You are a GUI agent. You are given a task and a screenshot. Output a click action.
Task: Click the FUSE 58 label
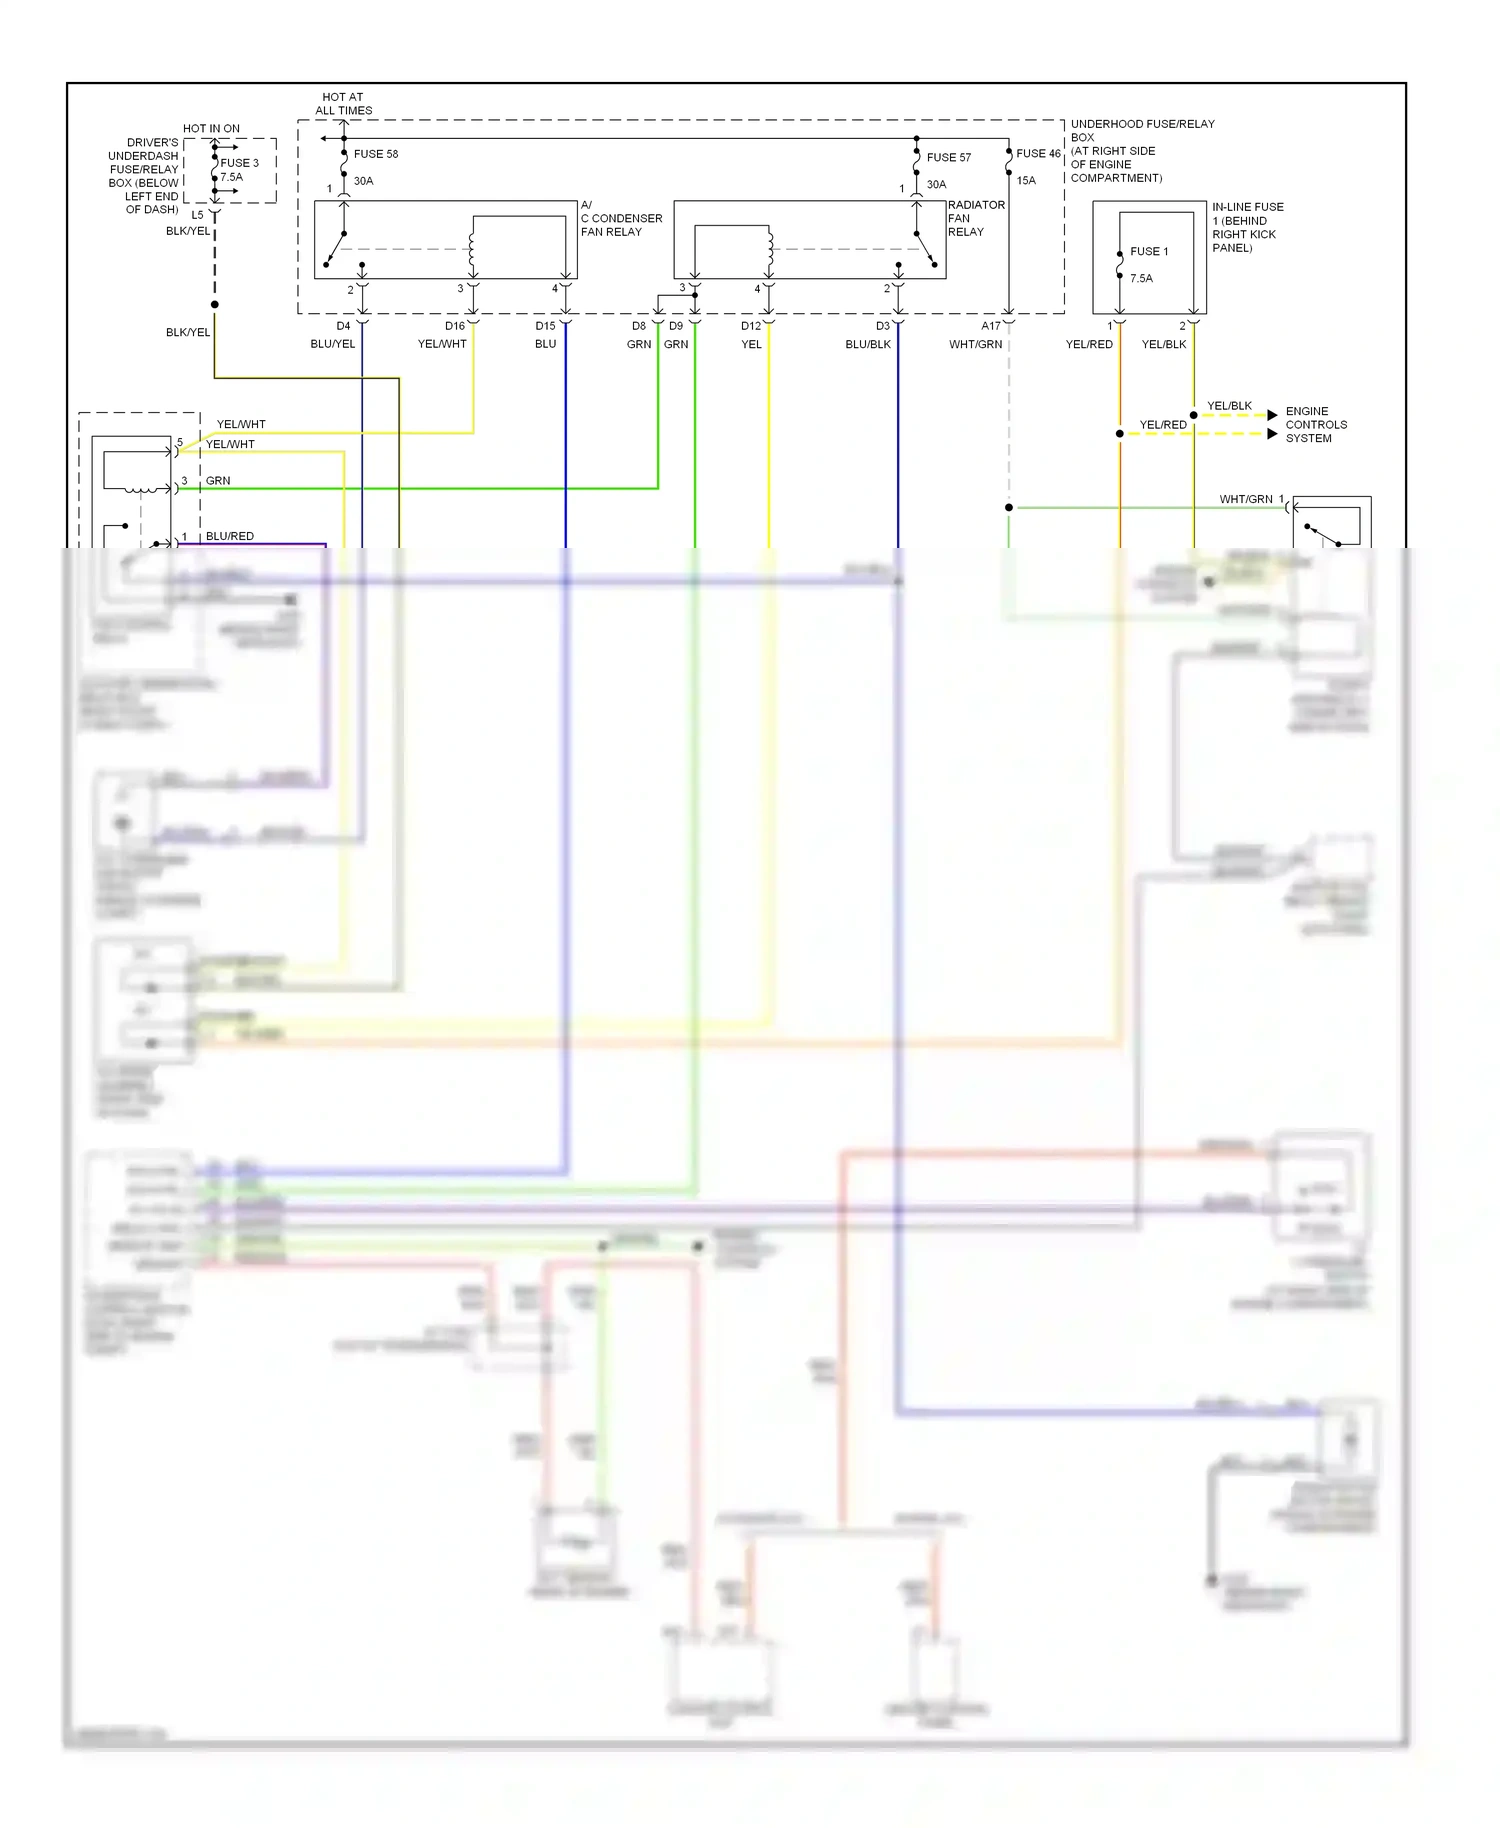click(375, 154)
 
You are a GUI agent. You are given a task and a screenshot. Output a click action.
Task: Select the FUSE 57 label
click(948, 157)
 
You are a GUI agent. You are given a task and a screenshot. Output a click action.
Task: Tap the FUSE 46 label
click(1037, 153)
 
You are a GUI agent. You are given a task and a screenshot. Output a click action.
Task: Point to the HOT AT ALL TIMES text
click(343, 104)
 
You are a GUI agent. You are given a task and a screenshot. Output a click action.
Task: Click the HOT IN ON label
click(211, 128)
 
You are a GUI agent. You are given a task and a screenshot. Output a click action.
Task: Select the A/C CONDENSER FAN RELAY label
click(620, 218)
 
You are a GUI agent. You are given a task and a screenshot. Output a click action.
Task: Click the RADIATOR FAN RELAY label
click(975, 218)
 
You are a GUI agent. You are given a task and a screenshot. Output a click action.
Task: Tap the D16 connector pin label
click(455, 326)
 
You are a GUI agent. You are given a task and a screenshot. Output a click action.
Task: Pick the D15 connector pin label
click(545, 326)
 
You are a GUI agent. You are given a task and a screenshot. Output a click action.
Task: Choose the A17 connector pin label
click(990, 326)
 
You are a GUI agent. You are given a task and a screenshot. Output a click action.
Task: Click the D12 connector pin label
click(750, 326)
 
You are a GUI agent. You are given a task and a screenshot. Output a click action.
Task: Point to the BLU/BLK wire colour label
click(867, 344)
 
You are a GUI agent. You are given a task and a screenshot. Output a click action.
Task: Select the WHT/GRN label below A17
click(975, 344)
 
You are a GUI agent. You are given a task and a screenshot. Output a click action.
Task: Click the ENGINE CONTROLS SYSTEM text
click(1315, 425)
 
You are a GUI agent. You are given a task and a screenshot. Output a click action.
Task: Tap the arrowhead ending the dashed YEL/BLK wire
click(1272, 415)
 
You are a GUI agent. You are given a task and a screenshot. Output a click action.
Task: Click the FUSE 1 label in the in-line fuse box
click(1149, 251)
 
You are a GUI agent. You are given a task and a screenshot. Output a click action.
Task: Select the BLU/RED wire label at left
click(230, 536)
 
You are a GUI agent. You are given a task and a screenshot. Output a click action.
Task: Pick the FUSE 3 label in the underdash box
click(239, 163)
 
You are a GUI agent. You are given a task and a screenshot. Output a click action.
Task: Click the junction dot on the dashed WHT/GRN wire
click(1009, 508)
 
